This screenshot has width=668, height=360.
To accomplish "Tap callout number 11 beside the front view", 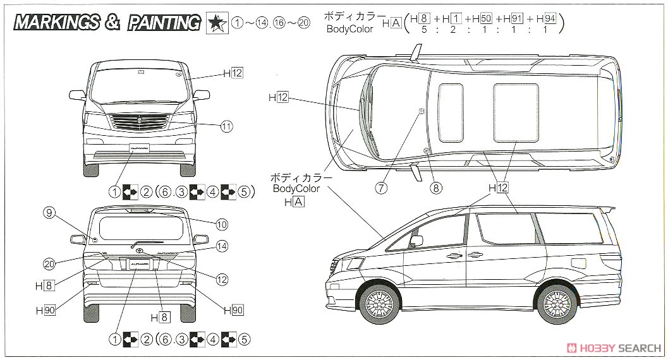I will (227, 126).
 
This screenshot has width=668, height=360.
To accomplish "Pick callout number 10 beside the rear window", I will (221, 224).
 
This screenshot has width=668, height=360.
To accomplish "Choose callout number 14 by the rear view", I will (221, 246).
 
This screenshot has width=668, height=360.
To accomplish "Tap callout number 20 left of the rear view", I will (49, 264).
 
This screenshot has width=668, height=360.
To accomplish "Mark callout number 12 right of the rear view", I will (222, 278).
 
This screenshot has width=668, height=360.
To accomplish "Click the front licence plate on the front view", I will (140, 150).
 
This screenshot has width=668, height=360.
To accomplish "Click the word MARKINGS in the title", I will (57, 23).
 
